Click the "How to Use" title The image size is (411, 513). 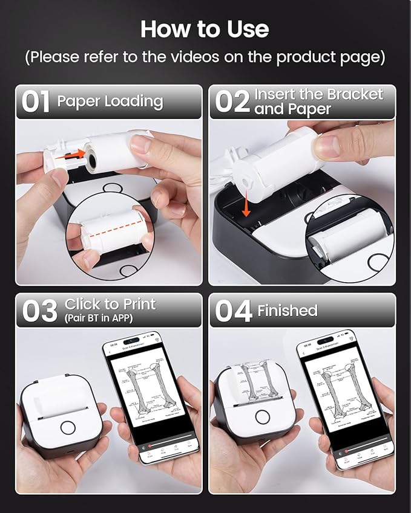[205, 28]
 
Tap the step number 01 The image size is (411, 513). [36, 102]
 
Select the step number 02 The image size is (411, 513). [232, 102]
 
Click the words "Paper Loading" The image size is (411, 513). [110, 101]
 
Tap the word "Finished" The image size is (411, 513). [288, 311]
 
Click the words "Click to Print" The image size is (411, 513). [110, 304]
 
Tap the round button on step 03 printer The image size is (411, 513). [68, 427]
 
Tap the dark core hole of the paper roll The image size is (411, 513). [91, 160]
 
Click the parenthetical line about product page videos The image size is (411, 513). [205, 57]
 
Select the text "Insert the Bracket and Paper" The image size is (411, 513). [318, 102]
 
